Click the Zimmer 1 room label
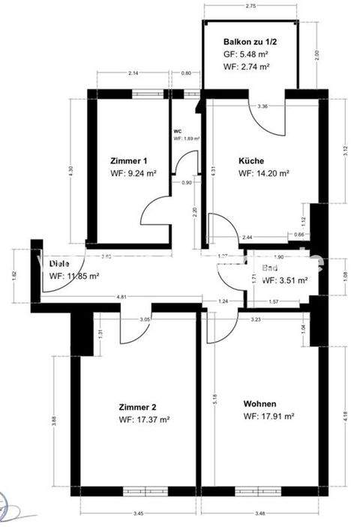(127, 160)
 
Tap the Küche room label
(250, 160)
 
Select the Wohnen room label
(259, 404)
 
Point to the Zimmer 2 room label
(138, 407)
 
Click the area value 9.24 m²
(142, 173)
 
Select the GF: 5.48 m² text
(247, 55)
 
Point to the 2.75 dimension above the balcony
(251, 6)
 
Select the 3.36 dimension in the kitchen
(262, 106)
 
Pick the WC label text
(178, 130)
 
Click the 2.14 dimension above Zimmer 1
(133, 73)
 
